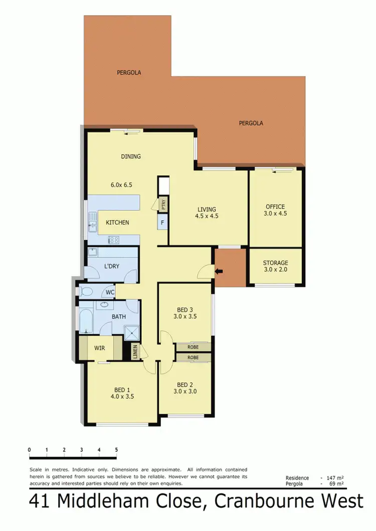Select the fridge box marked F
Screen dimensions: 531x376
[163, 222]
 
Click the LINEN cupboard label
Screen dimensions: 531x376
[134, 351]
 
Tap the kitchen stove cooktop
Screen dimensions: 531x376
[114, 239]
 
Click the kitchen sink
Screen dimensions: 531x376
[92, 221]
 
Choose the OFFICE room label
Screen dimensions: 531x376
[275, 206]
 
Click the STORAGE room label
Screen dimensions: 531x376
[276, 262]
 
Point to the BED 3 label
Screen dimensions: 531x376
[184, 309]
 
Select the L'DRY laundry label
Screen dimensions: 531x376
[112, 266]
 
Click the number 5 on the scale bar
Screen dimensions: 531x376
[116, 449]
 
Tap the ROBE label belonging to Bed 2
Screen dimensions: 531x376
[193, 358]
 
